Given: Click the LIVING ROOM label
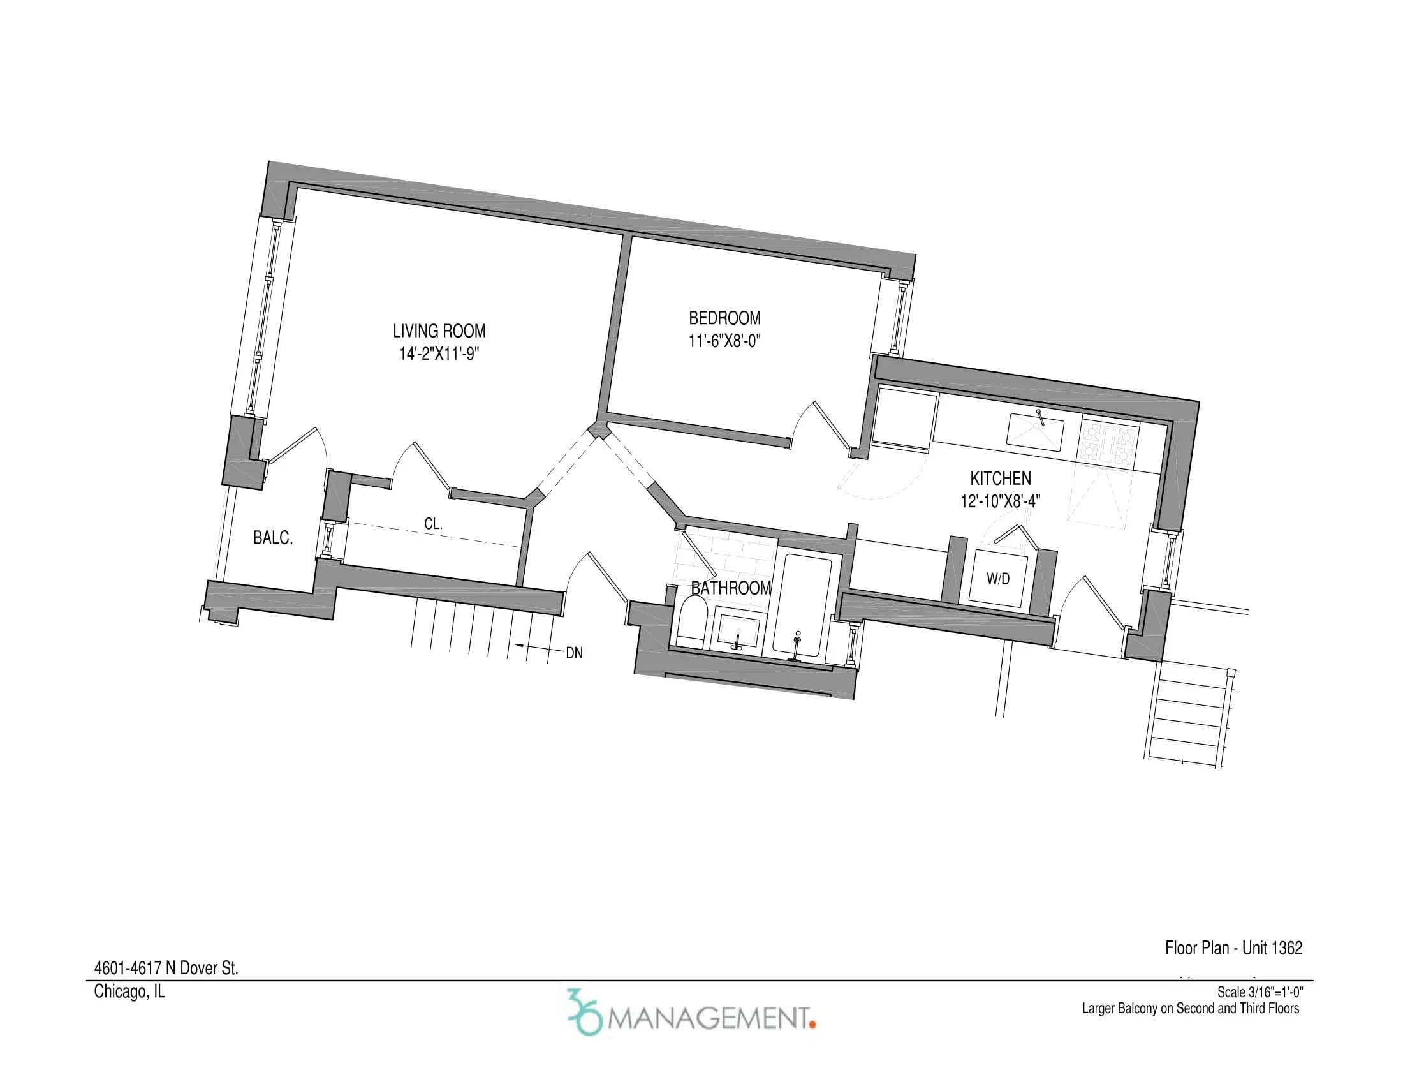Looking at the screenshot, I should pos(439,331).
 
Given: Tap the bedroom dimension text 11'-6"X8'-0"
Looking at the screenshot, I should pos(724,341).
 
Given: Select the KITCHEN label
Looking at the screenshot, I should pos(1000,478).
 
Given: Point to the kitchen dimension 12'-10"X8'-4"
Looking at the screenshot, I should pos(1000,501).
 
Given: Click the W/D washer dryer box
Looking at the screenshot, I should pos(997,578).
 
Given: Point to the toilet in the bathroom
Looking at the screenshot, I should pos(692,621).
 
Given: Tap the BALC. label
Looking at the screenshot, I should pos(273,538).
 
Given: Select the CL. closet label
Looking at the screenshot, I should pos(433,524).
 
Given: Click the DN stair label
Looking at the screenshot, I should pos(574,653).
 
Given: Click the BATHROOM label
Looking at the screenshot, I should pos(731,588).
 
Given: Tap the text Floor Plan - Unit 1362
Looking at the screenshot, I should pos(1233,947).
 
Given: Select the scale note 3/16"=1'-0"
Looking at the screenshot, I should pos(1260,993).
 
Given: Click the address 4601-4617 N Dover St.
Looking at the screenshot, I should pos(166,969).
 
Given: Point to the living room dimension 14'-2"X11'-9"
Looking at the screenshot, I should pos(439,354).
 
